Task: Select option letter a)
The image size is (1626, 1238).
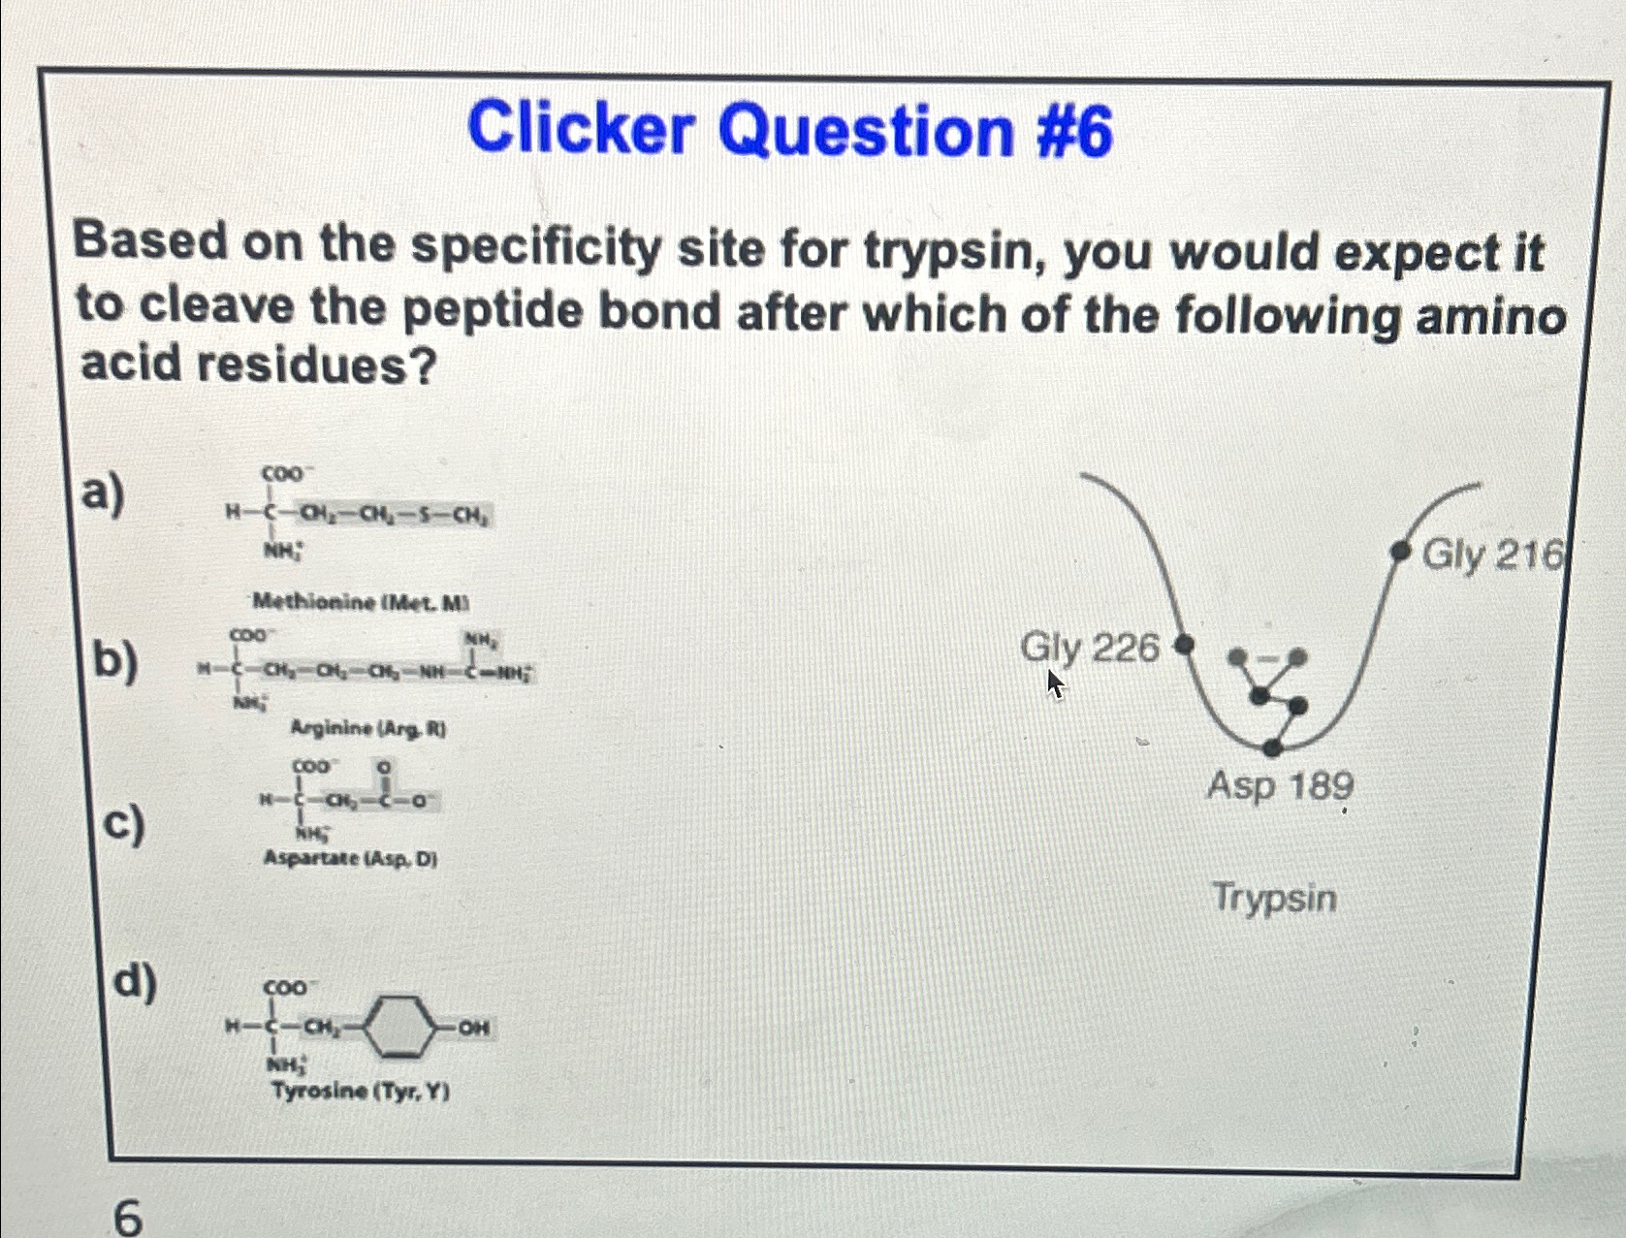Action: coord(102,493)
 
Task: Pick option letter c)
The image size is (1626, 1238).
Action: coord(126,824)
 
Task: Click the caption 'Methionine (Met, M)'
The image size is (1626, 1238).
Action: coord(361,603)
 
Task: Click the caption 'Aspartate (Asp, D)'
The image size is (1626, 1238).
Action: coord(350,859)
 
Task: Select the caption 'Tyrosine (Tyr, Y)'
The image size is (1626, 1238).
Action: coord(361,1092)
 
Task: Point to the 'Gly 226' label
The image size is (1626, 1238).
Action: coord(1090,647)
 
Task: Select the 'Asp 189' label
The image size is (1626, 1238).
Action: coord(1280,785)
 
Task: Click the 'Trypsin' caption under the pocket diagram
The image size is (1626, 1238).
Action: coord(1274,897)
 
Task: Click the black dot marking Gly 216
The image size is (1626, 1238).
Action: coord(1399,552)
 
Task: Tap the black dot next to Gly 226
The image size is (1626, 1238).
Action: coord(1183,644)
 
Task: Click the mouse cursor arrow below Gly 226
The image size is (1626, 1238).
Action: coord(1054,684)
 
